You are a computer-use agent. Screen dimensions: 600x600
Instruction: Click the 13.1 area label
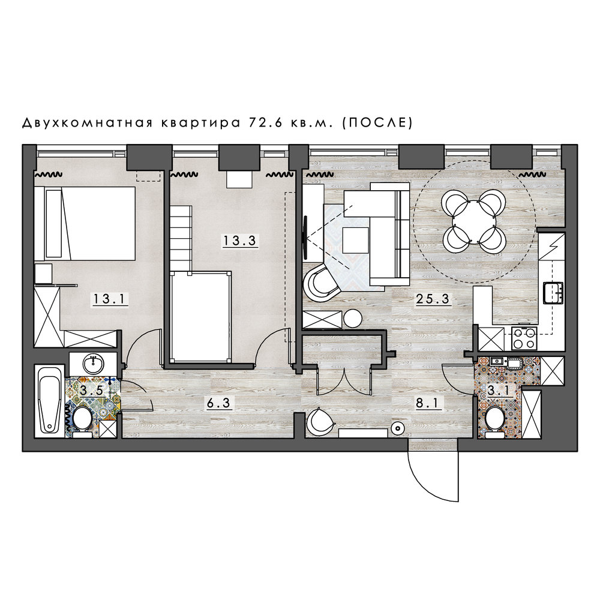[x=109, y=298]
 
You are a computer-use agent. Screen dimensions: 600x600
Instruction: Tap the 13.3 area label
[x=240, y=241]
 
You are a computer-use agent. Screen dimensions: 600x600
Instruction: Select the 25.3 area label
[x=433, y=298]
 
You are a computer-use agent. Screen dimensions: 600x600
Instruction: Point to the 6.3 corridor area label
[x=219, y=403]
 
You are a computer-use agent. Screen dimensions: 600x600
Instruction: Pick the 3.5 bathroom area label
[x=91, y=391]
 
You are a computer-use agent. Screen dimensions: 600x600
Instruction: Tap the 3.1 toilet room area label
[x=499, y=391]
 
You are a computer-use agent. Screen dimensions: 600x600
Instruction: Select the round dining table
[x=474, y=222]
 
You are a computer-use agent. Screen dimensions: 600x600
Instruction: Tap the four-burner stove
[x=524, y=338]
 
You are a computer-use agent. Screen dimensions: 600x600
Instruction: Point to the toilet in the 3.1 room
[x=495, y=421]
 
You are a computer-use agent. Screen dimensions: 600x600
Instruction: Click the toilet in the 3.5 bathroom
[x=82, y=422]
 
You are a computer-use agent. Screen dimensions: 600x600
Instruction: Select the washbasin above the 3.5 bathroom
[x=93, y=364]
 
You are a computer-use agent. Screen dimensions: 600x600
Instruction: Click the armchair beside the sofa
[x=320, y=283]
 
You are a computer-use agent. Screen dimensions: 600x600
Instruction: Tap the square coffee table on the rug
[x=356, y=241]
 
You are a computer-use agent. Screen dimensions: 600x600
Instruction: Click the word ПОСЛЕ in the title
[x=377, y=122]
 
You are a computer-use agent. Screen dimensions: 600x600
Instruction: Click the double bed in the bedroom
[x=85, y=223]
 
